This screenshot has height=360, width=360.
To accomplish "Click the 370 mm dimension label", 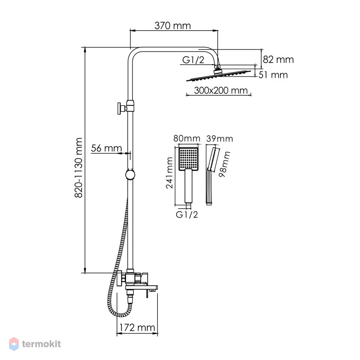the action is point(172,26).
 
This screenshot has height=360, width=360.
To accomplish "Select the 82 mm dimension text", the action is point(278,60).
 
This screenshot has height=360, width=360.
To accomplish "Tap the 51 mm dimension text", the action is point(273,75).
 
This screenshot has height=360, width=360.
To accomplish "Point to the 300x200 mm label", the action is point(221,90).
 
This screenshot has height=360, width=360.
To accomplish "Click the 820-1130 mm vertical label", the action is point(78,168).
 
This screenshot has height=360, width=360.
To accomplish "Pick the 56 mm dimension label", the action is point(106,148).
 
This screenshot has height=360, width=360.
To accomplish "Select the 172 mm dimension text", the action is point(137,327).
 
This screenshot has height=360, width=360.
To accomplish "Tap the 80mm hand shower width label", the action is point(186,139).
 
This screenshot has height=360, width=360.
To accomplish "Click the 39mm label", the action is point(220,139).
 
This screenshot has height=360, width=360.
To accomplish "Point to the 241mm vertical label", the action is point(170,173).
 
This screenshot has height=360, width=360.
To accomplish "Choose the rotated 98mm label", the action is point(224,164).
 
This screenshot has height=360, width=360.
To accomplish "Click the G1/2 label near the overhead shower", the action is point(193,60).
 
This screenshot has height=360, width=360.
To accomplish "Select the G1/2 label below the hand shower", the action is point(186,215).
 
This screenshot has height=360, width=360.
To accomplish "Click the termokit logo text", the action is point(41,344).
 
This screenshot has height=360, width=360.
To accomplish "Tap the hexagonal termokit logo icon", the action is point(14,344).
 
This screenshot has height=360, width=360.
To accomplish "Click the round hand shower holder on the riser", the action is point(130,175).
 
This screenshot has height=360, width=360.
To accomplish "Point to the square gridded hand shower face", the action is point(188,159).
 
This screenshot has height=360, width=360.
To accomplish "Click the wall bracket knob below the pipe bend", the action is point(121,108).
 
